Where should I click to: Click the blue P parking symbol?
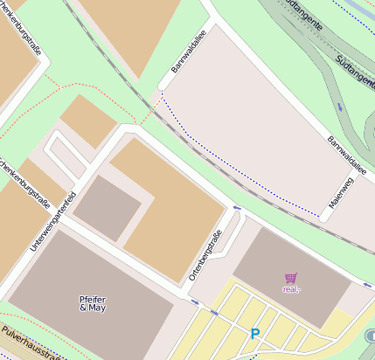click(x=255, y=333)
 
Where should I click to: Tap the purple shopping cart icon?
click(x=290, y=278)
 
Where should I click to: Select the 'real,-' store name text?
click(x=290, y=288)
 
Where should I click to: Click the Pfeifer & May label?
click(x=93, y=304)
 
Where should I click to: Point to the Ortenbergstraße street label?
click(x=205, y=254)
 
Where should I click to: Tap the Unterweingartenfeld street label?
click(x=54, y=221)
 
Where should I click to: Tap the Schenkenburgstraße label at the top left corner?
click(x=24, y=35)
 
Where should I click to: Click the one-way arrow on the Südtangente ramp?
click(x=339, y=107)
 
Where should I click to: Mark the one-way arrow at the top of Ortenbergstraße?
click(x=237, y=207)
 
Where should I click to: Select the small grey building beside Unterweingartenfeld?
click(x=108, y=208)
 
